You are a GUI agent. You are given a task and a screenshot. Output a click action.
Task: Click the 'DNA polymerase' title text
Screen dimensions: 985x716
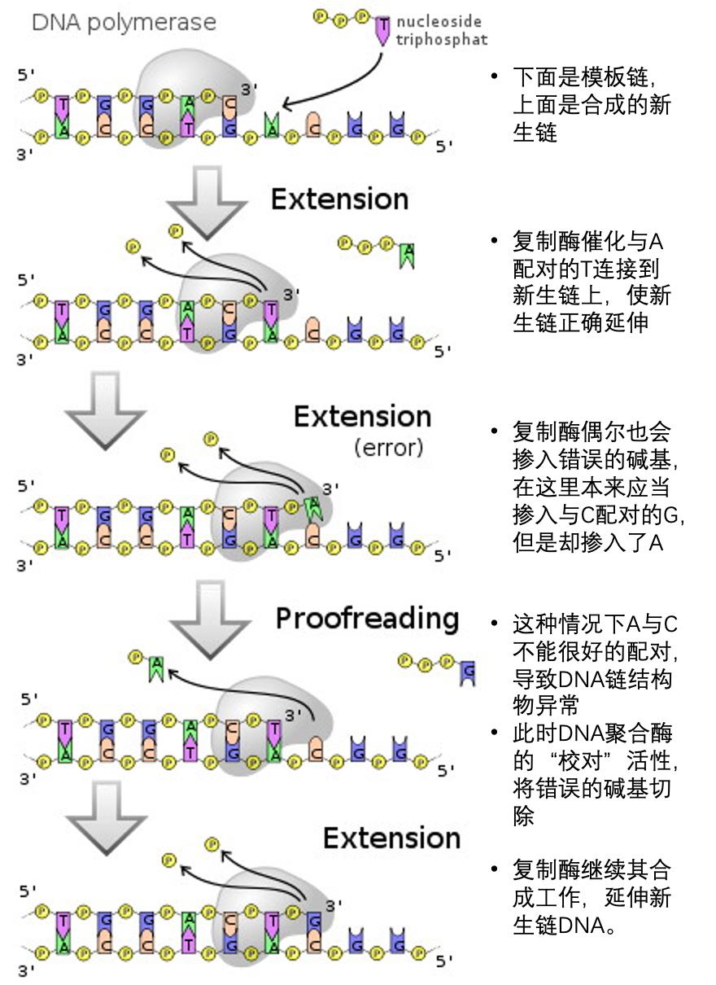coord(124,21)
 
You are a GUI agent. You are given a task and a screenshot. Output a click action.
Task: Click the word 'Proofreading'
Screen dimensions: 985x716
coord(367,619)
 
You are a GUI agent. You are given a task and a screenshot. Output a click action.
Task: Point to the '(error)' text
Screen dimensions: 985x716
coord(389,447)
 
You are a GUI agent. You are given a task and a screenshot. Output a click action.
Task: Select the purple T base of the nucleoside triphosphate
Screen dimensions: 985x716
coord(382,29)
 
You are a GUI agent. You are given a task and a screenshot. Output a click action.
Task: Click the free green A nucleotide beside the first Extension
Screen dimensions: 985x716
coord(408,254)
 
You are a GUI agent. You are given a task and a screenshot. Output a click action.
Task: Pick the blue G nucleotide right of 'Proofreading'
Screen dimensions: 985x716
coord(467,671)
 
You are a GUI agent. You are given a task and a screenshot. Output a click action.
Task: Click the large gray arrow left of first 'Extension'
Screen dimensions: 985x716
coord(207,200)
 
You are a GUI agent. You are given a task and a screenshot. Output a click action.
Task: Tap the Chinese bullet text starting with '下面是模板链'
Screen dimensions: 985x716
coord(592,104)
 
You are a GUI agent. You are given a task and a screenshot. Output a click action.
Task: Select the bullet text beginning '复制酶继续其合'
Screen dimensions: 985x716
coord(592,897)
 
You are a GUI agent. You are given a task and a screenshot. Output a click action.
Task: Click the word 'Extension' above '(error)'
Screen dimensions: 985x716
coord(362,417)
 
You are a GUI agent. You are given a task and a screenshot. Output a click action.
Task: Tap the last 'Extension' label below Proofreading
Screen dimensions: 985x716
coord(391,838)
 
